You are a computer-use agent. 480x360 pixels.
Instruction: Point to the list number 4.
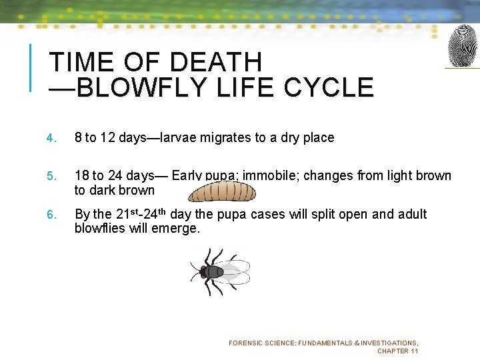click(x=50, y=139)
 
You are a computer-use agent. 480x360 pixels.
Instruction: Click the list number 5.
click(x=50, y=177)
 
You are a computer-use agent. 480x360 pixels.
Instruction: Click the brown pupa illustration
click(x=221, y=192)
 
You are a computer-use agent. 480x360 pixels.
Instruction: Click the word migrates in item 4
click(x=225, y=138)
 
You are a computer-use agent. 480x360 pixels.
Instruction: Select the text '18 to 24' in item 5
click(x=98, y=176)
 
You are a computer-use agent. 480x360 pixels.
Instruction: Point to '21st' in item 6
click(x=126, y=214)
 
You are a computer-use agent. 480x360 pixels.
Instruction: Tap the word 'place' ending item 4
click(x=318, y=138)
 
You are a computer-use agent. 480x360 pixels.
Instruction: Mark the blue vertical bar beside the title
click(x=30, y=67)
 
